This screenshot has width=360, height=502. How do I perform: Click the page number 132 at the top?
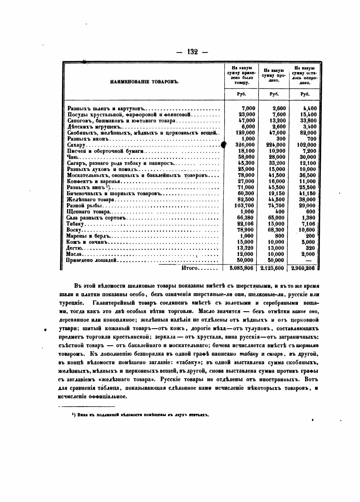coord(192,52)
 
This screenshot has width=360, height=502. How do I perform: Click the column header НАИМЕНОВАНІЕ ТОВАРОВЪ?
coord(144,82)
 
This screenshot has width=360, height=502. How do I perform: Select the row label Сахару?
coord(76,145)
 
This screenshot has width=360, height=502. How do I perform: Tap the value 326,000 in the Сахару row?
coord(245,145)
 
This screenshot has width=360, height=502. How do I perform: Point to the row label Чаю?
coord(72,157)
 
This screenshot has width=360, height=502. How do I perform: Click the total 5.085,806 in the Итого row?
coord(242,268)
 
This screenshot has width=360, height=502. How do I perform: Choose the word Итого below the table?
coord(189,268)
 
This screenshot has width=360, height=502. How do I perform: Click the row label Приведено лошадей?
coord(92,260)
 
